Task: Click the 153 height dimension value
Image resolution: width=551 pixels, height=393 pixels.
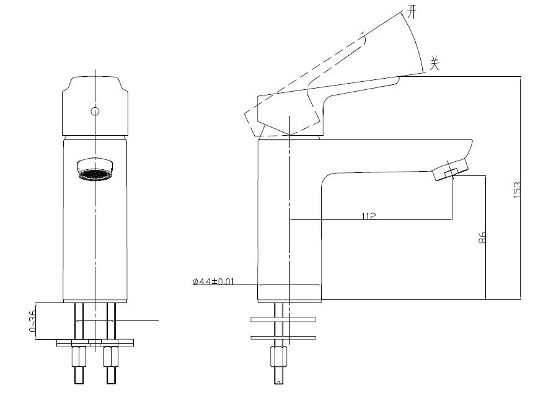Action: pos(517,190)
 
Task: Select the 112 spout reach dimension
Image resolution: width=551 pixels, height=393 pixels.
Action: pos(369,216)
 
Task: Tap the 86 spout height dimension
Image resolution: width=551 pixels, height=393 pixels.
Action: pos(482,237)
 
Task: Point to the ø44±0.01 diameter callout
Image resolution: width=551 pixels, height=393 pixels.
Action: pos(213,281)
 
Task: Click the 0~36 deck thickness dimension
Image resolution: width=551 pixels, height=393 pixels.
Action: pos(32,321)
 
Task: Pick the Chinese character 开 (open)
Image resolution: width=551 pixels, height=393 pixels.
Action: pos(412,12)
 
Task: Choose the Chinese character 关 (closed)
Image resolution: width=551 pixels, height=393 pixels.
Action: pos(435,63)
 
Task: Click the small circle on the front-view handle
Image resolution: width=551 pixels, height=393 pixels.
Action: pos(95,112)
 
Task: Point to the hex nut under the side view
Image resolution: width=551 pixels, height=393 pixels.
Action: pos(279,357)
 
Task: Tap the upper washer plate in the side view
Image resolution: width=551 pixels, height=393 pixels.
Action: pos(283,319)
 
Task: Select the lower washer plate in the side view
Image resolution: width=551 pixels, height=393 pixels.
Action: pos(283,338)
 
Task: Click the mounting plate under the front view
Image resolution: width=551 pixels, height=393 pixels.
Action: pos(95,343)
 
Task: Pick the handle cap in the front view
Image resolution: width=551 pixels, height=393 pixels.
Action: pos(95,106)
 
